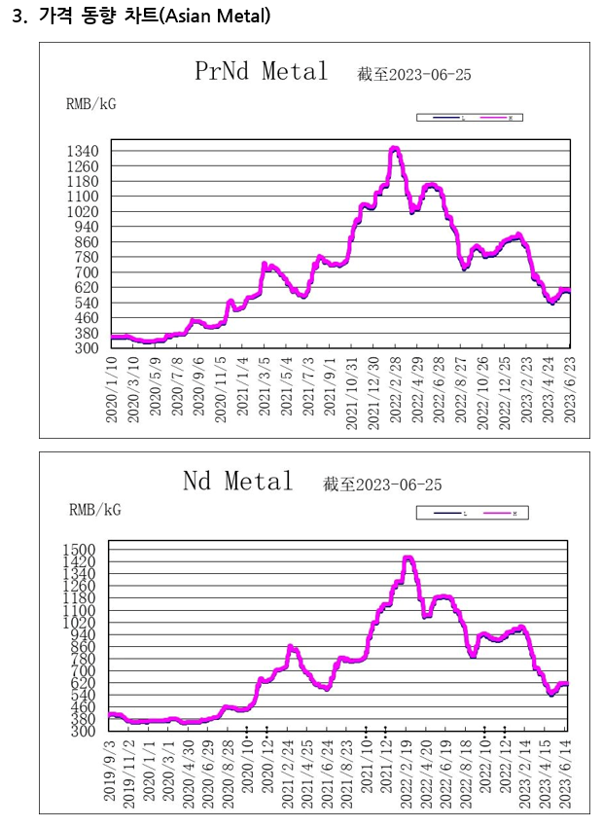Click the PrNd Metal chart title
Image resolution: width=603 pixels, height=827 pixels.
pos(262,71)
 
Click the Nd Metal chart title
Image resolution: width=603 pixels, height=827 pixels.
pos(238,481)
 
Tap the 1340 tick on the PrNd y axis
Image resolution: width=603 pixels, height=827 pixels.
pos(83,151)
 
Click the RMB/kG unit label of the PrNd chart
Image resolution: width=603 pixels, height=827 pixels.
pos(90,104)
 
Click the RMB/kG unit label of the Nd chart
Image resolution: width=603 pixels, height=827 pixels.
pos(94,509)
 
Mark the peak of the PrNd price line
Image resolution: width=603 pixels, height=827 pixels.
pos(394,148)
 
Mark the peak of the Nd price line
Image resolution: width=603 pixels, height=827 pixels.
pos(408,557)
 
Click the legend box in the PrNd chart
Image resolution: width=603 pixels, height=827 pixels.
pos(470,117)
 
